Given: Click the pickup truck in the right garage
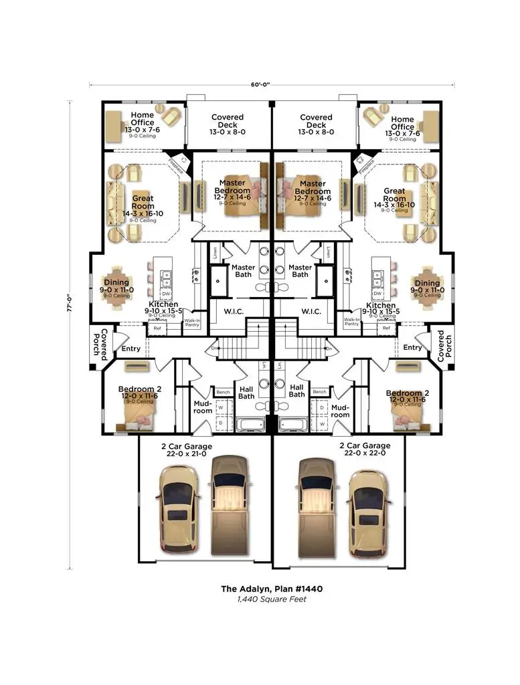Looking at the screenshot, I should [x=317, y=503].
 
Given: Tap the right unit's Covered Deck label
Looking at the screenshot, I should [x=316, y=124].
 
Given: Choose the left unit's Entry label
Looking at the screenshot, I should [x=131, y=348].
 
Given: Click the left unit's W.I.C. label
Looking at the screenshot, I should [x=230, y=311].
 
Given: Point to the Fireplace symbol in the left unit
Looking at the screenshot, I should [x=177, y=163].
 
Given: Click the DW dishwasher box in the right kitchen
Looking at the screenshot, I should [x=377, y=294].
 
